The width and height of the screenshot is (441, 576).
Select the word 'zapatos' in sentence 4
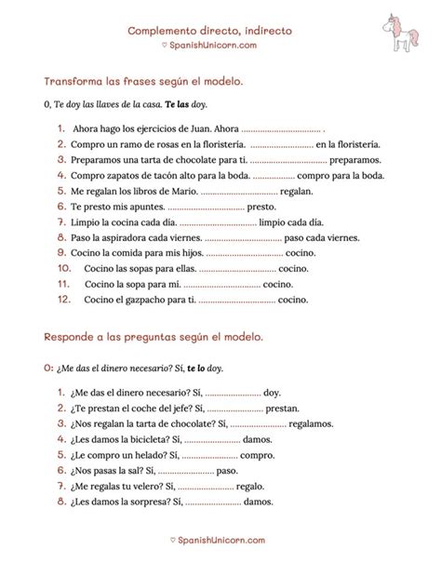[x=130, y=176]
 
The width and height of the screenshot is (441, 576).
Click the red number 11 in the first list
[x=64, y=284]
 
